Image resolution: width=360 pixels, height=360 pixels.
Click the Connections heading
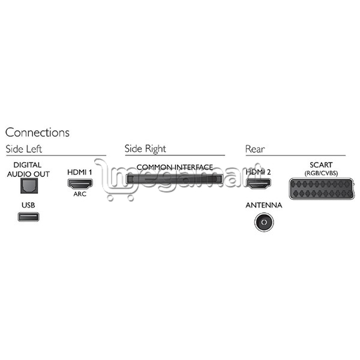point(37,133)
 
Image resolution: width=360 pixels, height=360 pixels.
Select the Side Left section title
point(23,149)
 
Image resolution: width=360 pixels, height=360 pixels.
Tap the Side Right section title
point(145,149)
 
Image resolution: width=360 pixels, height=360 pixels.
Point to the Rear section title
point(255,149)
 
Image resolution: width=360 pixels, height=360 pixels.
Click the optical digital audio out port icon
point(29,186)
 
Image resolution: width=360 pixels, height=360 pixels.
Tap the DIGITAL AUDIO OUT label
point(28,169)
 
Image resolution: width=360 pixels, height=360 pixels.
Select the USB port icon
point(28,217)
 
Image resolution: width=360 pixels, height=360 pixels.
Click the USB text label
point(28,205)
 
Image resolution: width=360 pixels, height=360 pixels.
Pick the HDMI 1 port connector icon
point(80,184)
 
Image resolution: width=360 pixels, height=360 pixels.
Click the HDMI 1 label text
point(79,172)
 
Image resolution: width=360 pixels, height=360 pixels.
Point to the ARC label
point(80,194)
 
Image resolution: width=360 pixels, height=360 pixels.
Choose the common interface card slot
point(175,179)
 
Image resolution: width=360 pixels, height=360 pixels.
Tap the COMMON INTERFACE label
point(175,167)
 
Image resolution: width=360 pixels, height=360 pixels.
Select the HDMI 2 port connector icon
point(259,184)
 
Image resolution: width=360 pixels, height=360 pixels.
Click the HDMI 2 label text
point(258,172)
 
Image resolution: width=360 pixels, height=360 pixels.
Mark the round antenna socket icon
point(264,222)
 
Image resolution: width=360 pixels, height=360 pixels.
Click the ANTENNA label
point(264,205)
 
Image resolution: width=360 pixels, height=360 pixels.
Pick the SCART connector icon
point(322,189)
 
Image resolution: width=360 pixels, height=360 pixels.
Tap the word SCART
point(321,165)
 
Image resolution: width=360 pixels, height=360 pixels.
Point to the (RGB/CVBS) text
point(321,173)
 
